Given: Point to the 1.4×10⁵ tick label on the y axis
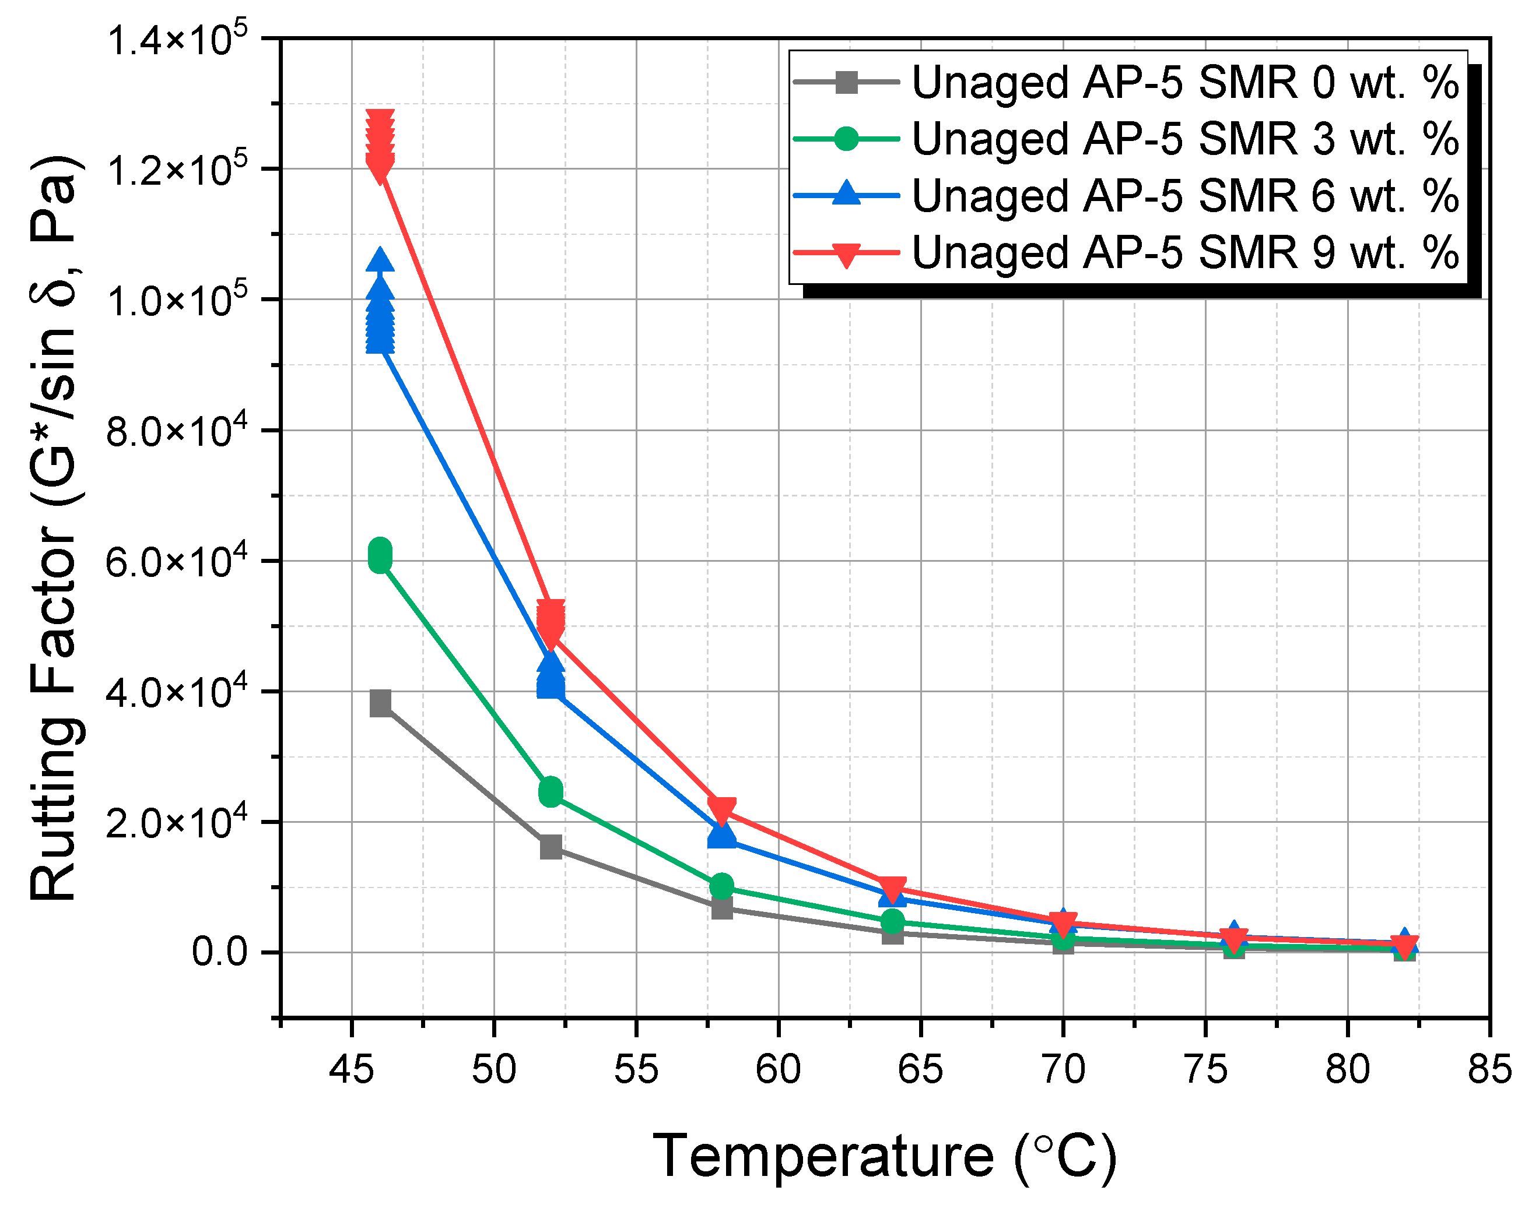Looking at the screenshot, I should click(x=177, y=40).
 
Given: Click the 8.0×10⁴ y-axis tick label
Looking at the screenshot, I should click(x=177, y=431).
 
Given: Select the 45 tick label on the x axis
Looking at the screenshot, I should click(x=352, y=1069).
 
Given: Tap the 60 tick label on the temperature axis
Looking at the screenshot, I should click(x=779, y=1069).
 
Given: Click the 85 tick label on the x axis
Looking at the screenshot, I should click(x=1489, y=1069).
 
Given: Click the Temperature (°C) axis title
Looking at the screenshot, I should click(x=885, y=1156).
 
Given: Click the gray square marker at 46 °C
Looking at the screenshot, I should click(x=381, y=704).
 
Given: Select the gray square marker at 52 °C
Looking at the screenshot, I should click(x=551, y=847).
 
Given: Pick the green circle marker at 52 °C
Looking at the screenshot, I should click(x=551, y=791).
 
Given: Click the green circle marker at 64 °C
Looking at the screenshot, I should click(x=893, y=921).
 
